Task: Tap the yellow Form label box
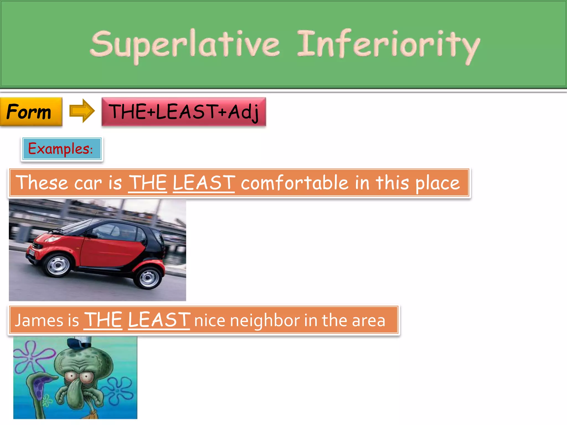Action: click(x=31, y=112)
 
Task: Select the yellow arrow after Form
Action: click(x=82, y=111)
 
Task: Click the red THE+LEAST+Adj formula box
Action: click(x=184, y=112)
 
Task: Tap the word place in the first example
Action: click(x=437, y=183)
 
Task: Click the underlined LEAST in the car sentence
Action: click(x=204, y=183)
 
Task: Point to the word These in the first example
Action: click(x=42, y=183)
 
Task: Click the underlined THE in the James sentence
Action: click(x=103, y=320)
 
